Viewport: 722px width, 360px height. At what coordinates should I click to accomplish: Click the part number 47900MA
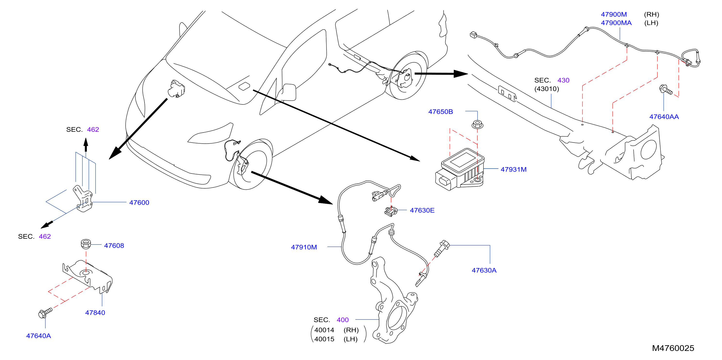(616, 23)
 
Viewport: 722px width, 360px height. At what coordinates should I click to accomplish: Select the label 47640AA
(664, 117)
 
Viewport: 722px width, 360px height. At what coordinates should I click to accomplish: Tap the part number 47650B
(441, 112)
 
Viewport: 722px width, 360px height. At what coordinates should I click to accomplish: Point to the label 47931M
(513, 169)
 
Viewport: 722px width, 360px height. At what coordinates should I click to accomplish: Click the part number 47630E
(422, 210)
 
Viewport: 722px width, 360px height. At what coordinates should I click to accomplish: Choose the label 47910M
(304, 247)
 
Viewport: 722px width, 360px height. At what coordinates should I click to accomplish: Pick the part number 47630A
(484, 270)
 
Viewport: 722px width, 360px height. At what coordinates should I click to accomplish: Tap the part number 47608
(114, 245)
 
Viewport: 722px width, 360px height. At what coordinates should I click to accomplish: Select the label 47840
(95, 313)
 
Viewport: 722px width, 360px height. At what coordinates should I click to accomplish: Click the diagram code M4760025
(673, 348)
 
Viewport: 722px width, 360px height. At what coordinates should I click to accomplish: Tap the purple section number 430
(563, 80)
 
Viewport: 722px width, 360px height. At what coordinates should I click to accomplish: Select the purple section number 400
(342, 320)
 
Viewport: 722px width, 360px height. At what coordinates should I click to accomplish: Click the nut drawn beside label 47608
(86, 244)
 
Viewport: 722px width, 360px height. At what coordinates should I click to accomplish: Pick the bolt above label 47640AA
(666, 90)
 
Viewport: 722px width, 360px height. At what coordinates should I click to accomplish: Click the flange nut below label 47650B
(477, 124)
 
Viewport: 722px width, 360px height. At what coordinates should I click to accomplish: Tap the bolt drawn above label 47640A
(45, 313)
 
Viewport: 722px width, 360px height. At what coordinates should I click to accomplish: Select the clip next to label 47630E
(391, 211)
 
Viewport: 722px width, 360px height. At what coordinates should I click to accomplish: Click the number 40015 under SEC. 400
(324, 339)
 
